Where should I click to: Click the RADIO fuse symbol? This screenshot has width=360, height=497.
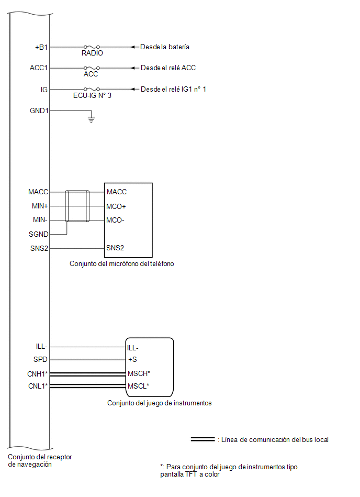click(92, 47)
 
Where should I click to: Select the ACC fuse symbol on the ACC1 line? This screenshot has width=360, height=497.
click(92, 68)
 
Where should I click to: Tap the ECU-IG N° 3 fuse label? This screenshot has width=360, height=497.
click(92, 95)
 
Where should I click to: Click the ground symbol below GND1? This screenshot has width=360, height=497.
click(91, 119)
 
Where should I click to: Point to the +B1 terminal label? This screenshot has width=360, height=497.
click(41, 47)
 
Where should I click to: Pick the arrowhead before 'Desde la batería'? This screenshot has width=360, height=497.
click(133, 47)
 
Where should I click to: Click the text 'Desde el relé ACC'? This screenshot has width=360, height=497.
click(168, 68)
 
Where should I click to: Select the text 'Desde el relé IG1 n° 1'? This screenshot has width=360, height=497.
click(173, 89)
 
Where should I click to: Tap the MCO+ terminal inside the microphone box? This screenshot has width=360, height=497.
click(116, 206)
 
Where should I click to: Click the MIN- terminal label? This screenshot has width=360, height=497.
click(40, 219)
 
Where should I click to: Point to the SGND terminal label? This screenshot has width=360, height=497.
click(39, 234)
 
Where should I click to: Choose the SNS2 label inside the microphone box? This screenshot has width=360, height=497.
click(115, 248)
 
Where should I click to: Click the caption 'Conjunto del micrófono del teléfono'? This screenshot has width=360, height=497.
click(121, 264)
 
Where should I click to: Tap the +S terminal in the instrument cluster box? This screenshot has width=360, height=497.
click(132, 359)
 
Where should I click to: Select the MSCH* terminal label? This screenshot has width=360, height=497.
click(139, 373)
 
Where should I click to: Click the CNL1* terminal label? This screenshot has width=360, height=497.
click(38, 386)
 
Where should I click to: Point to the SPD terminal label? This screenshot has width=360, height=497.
click(40, 359)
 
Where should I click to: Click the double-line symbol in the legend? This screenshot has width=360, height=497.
click(203, 439)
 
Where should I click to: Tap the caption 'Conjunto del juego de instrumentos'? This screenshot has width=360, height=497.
click(159, 403)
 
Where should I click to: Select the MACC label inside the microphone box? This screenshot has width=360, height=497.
click(117, 192)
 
